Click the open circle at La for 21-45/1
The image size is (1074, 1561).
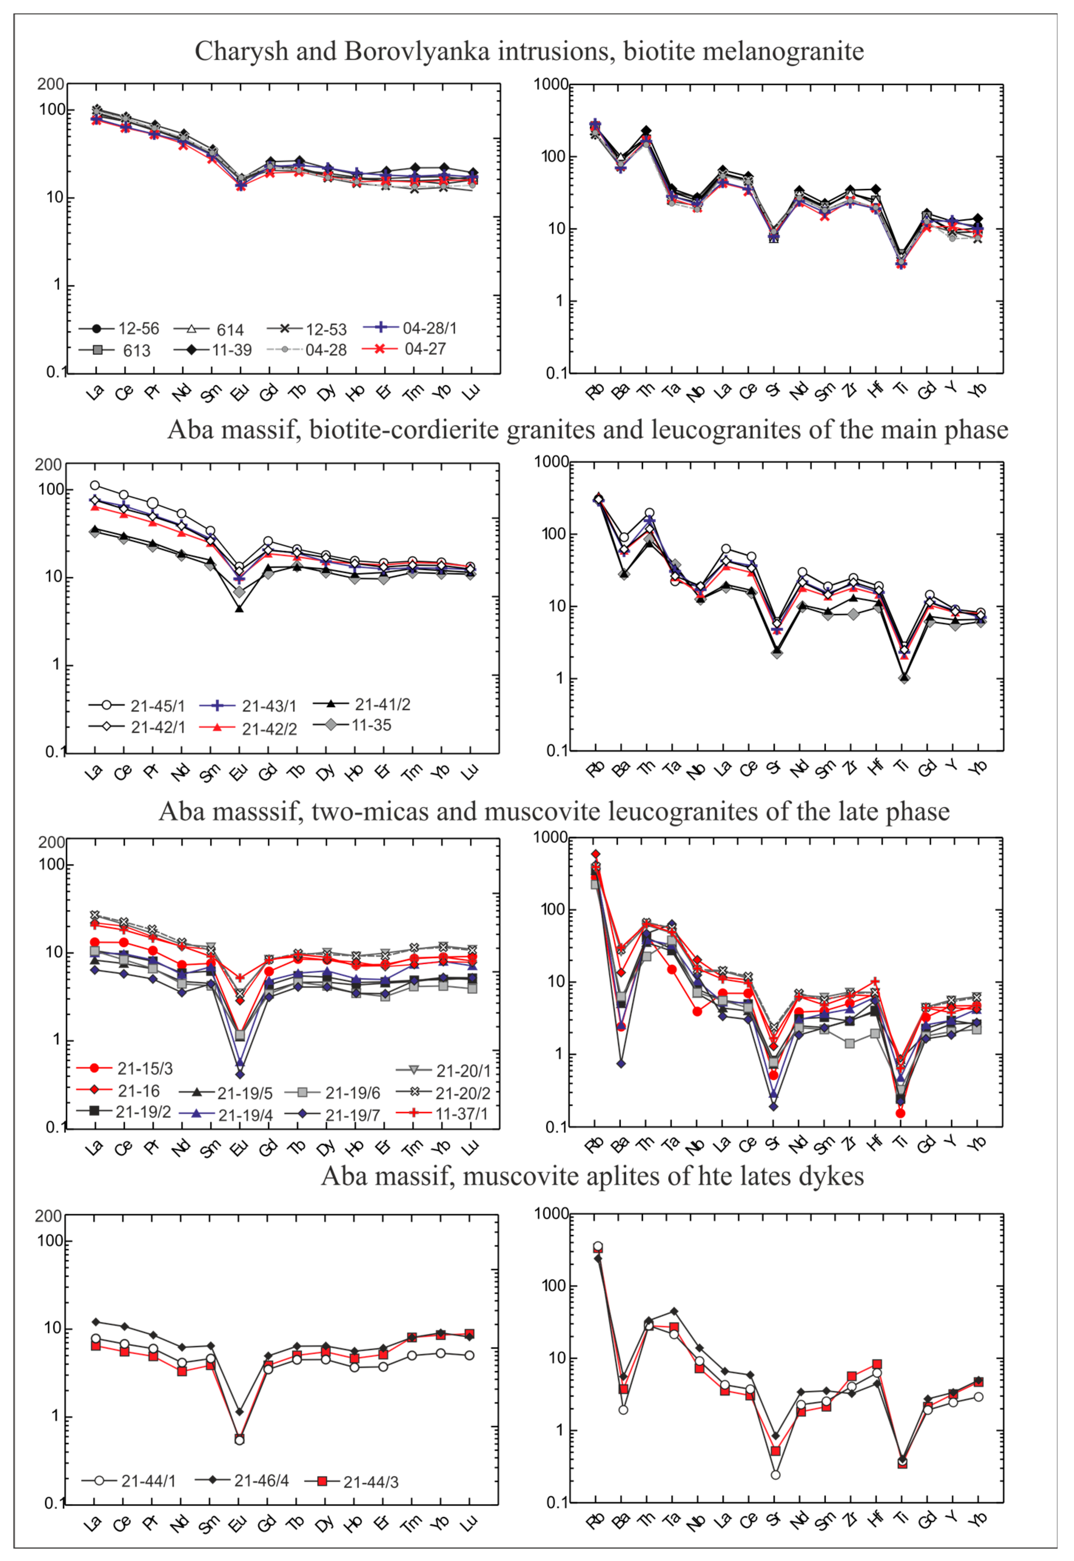(x=95, y=485)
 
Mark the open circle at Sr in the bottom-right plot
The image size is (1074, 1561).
(x=775, y=1475)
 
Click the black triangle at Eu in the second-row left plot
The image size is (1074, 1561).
(x=239, y=609)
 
